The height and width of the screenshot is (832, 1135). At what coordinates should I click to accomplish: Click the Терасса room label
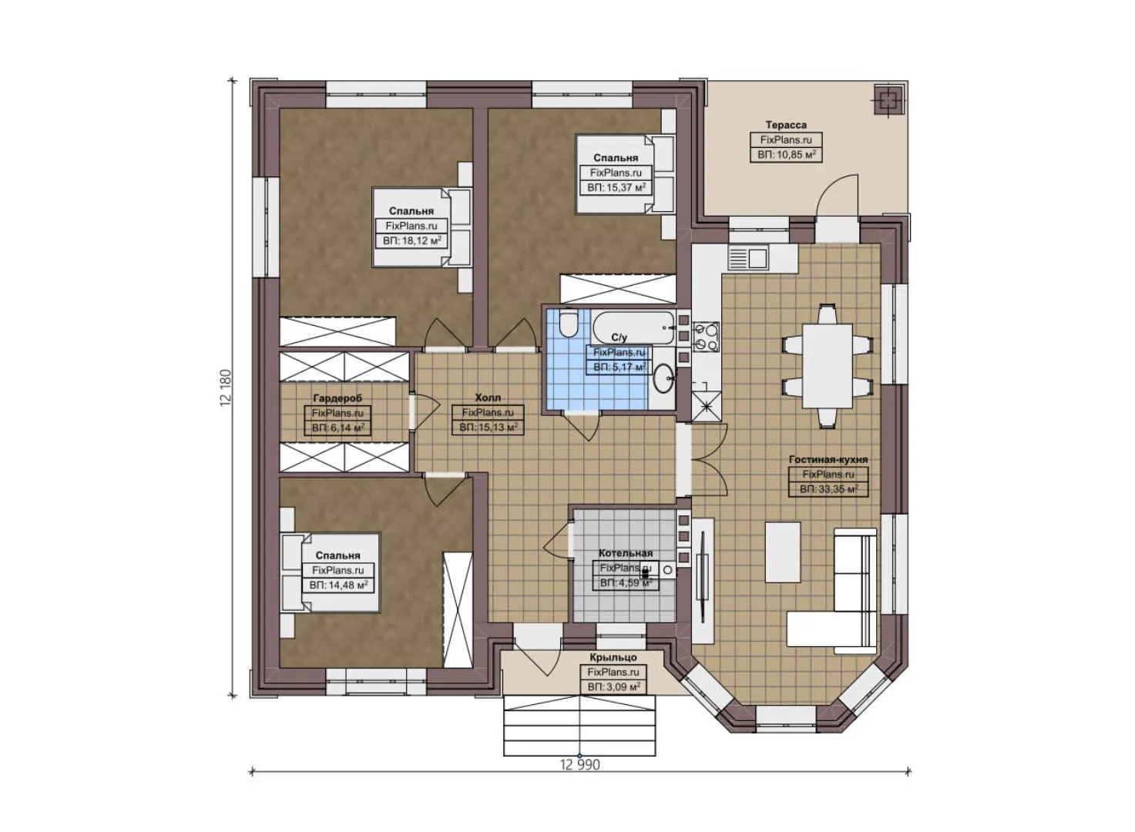tap(786, 125)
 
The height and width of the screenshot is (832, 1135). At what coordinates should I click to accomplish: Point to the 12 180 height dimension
tap(226, 387)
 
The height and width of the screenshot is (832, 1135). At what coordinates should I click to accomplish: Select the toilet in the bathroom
tap(569, 324)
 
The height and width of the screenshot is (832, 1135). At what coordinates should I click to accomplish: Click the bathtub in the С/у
tap(634, 327)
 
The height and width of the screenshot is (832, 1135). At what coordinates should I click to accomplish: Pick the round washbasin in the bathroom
tap(663, 378)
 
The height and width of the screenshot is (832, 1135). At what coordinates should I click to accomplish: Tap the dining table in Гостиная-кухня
tap(827, 367)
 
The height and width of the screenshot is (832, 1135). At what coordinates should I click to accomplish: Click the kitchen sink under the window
tap(748, 258)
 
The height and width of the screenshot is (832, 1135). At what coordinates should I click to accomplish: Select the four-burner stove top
tap(706, 337)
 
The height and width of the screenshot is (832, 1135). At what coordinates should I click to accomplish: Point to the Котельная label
tap(626, 553)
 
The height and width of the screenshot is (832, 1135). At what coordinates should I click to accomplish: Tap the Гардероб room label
tap(337, 398)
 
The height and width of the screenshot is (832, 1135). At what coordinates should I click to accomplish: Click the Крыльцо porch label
tap(613, 658)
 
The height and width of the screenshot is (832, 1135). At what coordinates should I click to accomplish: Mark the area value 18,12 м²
tap(412, 240)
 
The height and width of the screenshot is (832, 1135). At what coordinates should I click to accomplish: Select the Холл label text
tap(488, 398)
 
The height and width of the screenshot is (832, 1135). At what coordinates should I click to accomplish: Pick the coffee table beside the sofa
tap(782, 553)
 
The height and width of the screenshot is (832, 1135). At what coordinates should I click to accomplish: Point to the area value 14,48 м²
tap(338, 585)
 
